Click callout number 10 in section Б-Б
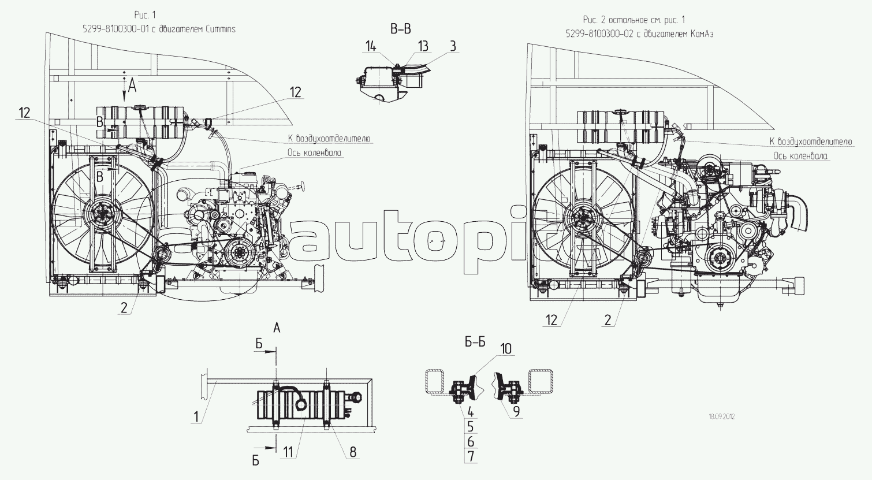pos(505,348)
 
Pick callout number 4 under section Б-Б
pos(471,412)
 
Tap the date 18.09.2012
pos(722,416)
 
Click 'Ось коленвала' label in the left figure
pos(314,153)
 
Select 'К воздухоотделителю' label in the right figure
pos(810,142)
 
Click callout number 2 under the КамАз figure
pos(607,319)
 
